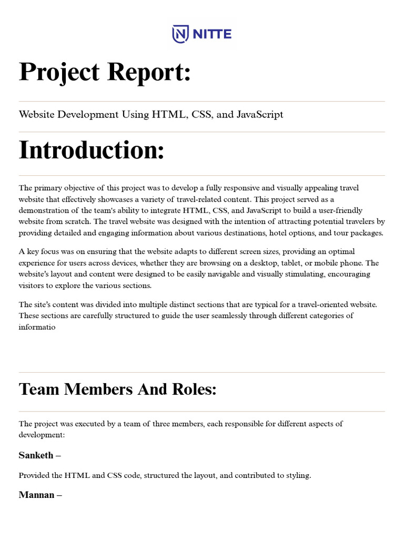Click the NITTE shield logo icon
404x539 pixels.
point(180,35)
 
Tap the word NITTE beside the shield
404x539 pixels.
point(210,35)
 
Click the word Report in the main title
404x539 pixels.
point(149,72)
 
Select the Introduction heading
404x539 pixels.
point(92,150)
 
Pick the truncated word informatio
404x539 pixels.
point(37,327)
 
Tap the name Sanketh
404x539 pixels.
point(36,455)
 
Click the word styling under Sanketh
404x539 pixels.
point(297,475)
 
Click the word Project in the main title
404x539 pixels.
point(59,72)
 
